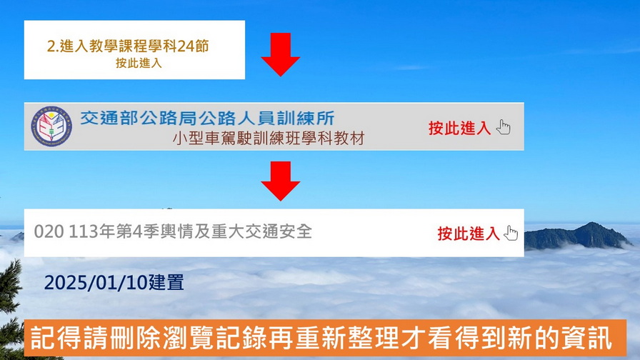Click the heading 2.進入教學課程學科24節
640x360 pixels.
click(128, 46)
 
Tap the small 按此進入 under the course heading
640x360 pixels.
click(139, 64)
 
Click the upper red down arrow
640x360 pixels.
click(281, 54)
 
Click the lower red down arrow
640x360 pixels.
click(281, 181)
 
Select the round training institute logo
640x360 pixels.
click(51, 126)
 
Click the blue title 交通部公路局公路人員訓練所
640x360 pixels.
click(207, 119)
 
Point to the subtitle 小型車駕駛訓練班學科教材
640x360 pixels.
click(268, 139)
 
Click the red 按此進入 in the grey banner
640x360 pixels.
click(459, 128)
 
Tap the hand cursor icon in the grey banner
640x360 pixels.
click(504, 127)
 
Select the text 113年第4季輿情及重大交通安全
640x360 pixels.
click(191, 232)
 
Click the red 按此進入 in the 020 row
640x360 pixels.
click(468, 234)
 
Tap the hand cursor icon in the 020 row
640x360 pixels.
click(511, 233)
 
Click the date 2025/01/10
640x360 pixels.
click(96, 282)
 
